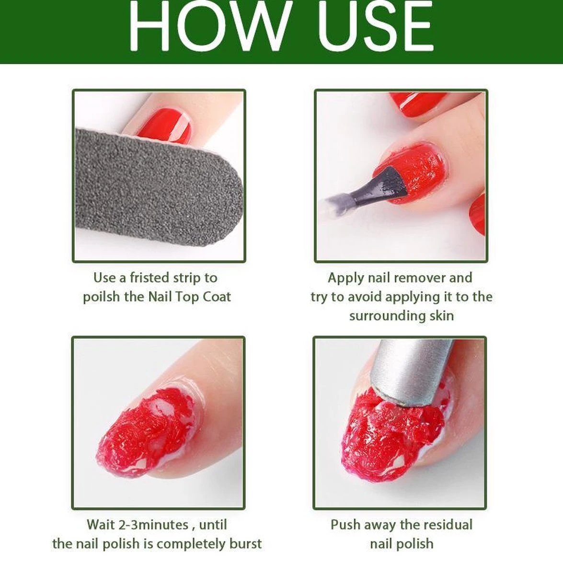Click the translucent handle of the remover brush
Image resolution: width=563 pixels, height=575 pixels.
coord(335,203)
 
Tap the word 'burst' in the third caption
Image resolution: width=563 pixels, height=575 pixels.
coord(244,544)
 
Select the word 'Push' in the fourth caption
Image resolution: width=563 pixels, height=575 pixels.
coord(345,525)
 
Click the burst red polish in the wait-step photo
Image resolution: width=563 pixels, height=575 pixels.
coord(144,431)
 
